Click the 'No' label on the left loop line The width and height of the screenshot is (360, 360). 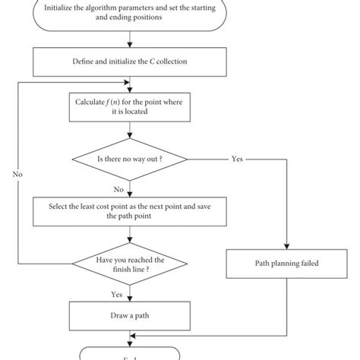pos(17,174)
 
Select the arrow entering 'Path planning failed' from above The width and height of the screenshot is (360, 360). pos(285,247)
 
